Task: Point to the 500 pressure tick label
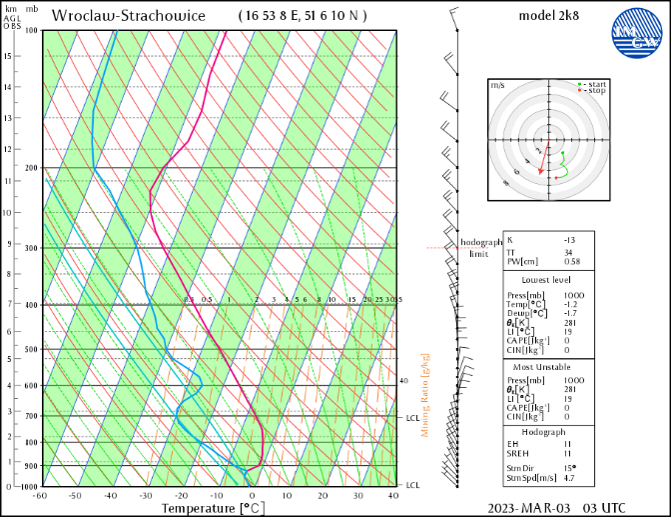31,350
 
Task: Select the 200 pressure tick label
31,168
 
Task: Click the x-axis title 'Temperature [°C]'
213,508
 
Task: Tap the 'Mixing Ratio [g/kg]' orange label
425,396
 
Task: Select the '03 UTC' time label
606,508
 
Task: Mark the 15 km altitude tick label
8,56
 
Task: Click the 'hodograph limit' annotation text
479,248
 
